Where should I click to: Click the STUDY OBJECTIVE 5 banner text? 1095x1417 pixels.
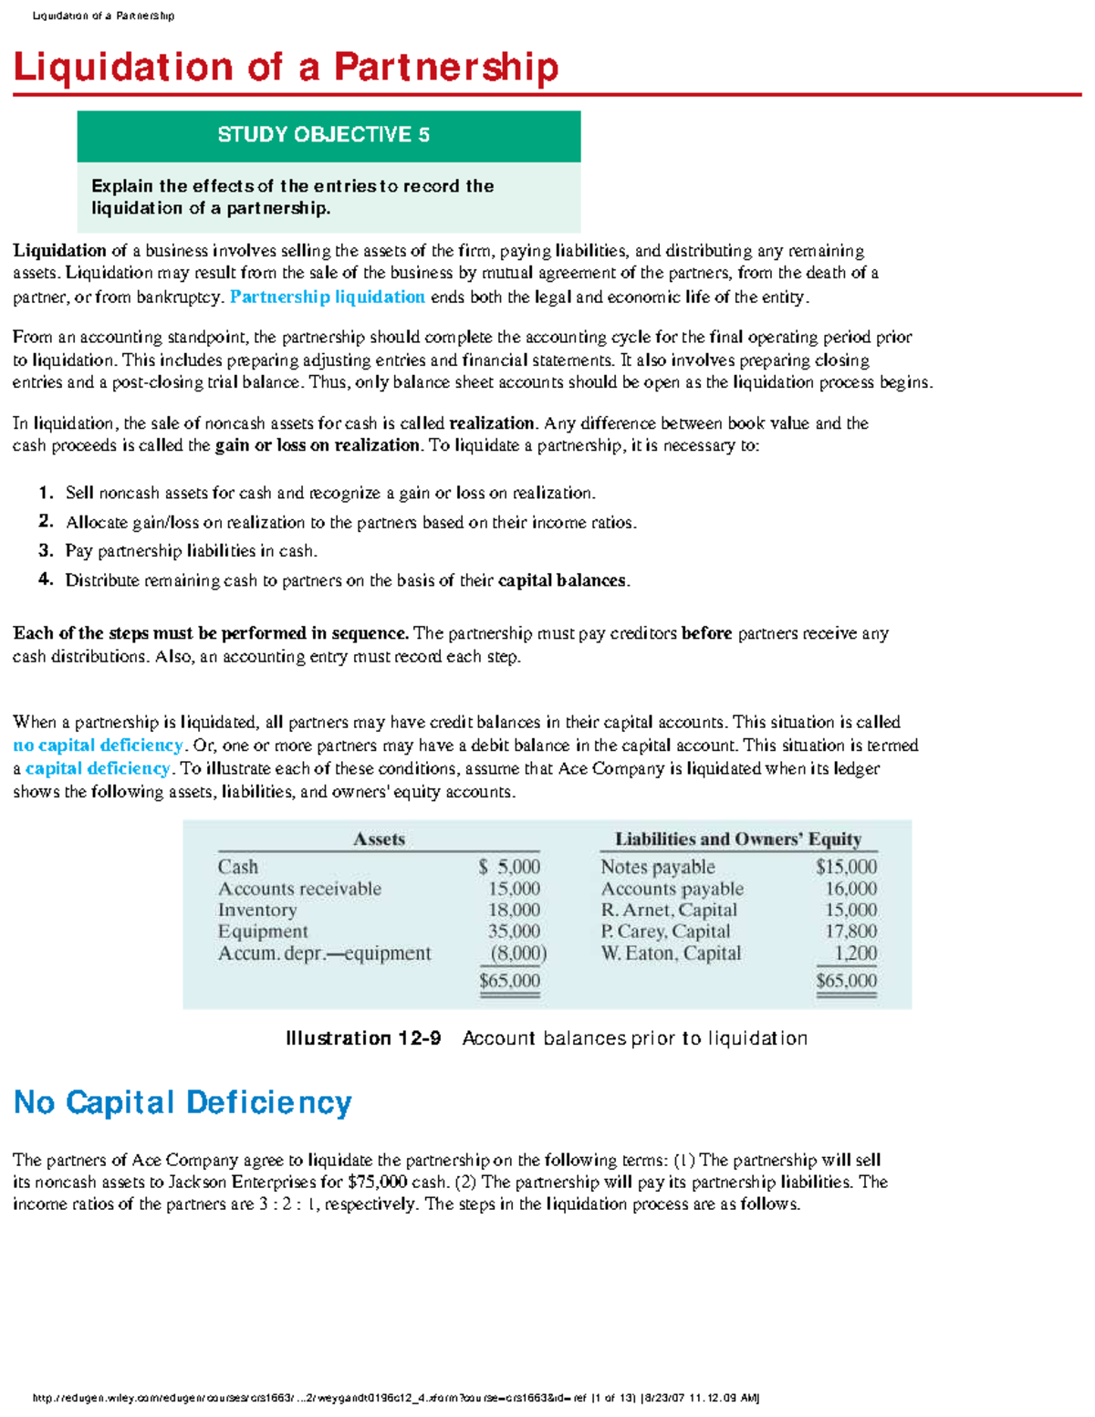click(323, 135)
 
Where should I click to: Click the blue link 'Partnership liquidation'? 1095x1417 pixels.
click(327, 297)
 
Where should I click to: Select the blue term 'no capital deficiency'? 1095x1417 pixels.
click(98, 745)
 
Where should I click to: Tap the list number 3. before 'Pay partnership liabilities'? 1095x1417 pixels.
click(47, 550)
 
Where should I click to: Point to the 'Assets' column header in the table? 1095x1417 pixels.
click(379, 839)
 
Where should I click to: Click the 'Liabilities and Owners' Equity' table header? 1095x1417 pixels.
click(737, 839)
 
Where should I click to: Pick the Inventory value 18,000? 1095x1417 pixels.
click(514, 910)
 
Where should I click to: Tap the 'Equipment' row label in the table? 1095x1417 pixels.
click(263, 932)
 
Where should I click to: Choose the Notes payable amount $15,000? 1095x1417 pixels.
click(846, 867)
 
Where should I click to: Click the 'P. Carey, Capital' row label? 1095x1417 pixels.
click(665, 932)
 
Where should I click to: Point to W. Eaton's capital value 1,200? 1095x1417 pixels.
click(855, 953)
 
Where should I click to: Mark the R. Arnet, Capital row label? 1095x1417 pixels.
click(668, 910)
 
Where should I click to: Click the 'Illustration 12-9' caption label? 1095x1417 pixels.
click(363, 1038)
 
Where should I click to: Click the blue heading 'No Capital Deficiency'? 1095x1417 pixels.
click(182, 1102)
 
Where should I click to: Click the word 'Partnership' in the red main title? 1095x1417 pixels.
click(445, 68)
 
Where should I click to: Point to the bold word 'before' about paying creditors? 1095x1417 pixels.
click(706, 633)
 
